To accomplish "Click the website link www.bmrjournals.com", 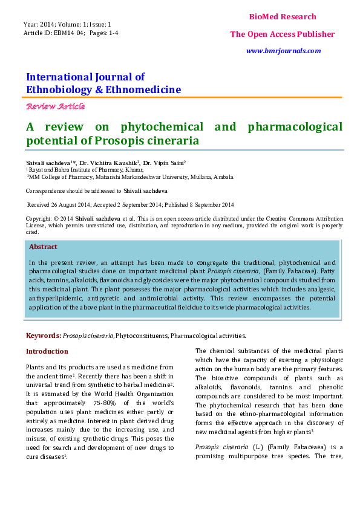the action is [283, 51].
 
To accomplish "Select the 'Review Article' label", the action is [55, 106].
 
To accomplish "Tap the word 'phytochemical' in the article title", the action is [162, 127].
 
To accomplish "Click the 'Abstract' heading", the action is [44, 247].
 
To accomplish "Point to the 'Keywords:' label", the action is [44, 335].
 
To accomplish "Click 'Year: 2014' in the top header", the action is [40, 24].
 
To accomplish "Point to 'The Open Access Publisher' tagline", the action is [283, 34].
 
